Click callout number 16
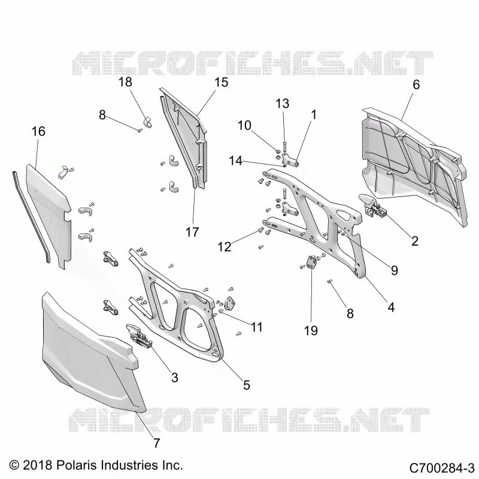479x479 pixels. click(x=38, y=131)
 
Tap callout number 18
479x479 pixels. click(x=125, y=82)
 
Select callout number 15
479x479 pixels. click(x=221, y=82)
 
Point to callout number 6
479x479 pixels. click(x=416, y=84)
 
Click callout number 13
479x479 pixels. click(x=283, y=104)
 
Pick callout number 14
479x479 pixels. click(x=236, y=160)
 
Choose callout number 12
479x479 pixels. click(x=225, y=247)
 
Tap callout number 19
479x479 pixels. click(x=311, y=331)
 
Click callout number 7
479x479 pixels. click(x=156, y=442)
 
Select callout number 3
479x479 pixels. click(x=174, y=378)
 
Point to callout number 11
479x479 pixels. click(x=257, y=327)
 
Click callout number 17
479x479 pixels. click(x=192, y=232)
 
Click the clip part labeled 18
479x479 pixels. click(x=148, y=122)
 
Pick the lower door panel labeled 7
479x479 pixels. click(x=92, y=354)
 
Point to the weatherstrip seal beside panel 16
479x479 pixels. click(x=30, y=214)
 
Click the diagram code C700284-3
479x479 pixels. click(x=441, y=468)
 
